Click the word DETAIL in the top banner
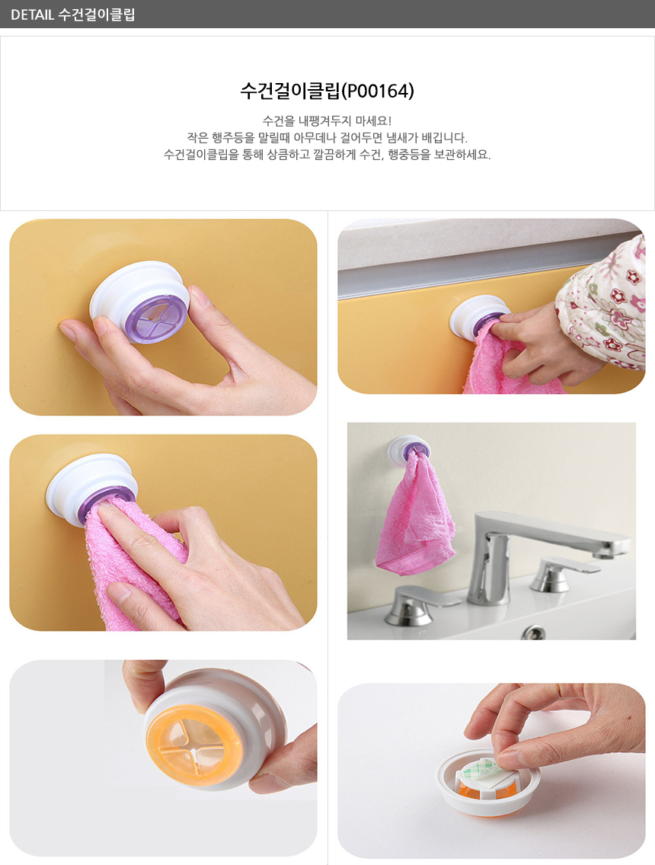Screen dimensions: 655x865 click(33, 14)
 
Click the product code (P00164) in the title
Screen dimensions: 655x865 click(378, 91)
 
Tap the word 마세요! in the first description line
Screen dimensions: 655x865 click(373, 121)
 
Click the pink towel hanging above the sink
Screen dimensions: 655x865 click(414, 517)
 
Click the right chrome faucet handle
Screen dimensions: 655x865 click(562, 575)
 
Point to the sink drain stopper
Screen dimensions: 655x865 click(532, 632)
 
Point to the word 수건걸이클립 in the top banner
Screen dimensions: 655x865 click(97, 14)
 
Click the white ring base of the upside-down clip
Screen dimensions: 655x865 click(488, 789)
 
